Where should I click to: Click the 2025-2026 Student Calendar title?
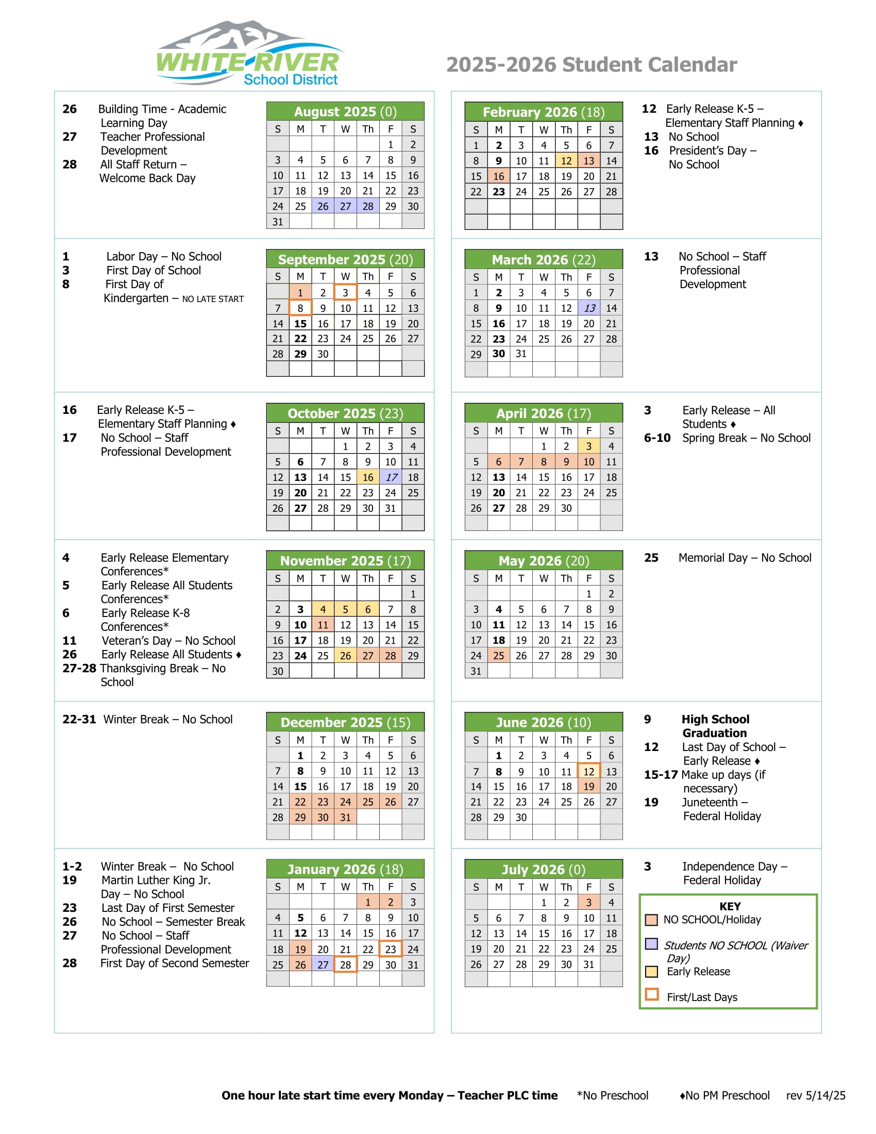coord(591,65)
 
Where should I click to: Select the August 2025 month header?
coord(345,112)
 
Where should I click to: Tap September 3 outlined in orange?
coord(345,292)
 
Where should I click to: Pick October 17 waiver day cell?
coord(391,477)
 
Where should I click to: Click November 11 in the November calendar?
coord(323,625)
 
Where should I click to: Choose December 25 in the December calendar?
coord(368,802)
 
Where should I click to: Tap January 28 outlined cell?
coord(345,965)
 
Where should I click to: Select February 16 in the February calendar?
coord(498,176)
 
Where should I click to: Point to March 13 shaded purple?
coord(589,308)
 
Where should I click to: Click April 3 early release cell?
coord(589,446)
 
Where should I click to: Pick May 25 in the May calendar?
coord(498,655)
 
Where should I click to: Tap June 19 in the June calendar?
coord(589,786)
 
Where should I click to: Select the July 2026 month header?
coord(543,869)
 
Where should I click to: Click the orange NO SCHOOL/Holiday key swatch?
coord(651,920)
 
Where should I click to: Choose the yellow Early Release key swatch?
coord(651,972)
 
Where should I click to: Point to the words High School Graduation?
coord(715,726)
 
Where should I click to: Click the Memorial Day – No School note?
coord(745,558)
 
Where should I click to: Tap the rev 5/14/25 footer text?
coord(815,1095)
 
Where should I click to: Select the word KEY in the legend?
coord(730,906)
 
